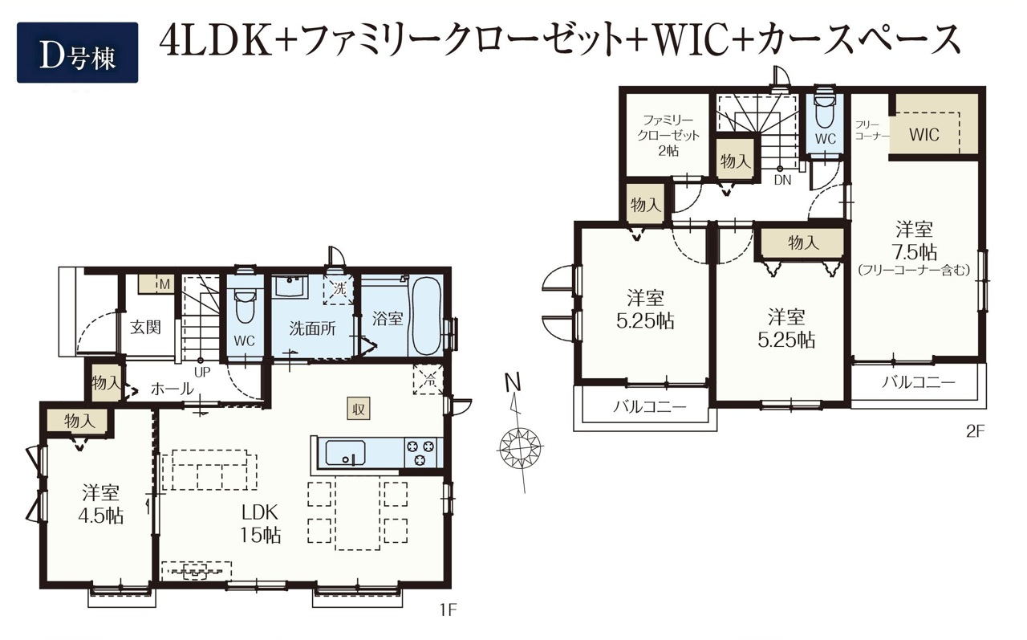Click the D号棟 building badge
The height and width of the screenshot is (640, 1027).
78,52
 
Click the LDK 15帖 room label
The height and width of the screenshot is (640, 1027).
261,523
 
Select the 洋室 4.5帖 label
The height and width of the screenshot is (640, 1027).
101,504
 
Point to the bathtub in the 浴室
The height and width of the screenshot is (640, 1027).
426,316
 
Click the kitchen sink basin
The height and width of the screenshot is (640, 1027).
345,453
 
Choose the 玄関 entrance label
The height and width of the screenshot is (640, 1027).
145,328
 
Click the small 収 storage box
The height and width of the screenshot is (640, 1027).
358,408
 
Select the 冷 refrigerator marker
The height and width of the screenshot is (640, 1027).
428,379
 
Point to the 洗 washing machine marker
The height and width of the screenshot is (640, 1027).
339,290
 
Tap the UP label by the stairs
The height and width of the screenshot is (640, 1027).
202,373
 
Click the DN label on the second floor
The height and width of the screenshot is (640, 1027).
782,181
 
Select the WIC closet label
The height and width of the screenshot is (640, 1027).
924,134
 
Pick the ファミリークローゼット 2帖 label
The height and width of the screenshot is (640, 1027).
668,136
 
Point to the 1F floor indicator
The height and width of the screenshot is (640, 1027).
448,609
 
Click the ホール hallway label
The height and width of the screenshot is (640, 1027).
172,389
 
